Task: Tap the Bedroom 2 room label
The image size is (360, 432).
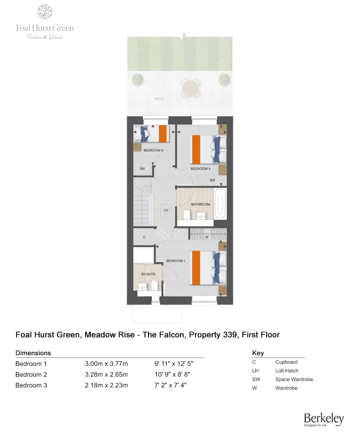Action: click(x=200, y=168)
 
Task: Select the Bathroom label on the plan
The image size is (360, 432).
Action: click(x=201, y=204)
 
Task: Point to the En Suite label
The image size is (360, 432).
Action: click(x=148, y=274)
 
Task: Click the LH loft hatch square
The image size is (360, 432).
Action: click(x=166, y=210)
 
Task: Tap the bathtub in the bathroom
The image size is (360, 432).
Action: click(x=220, y=203)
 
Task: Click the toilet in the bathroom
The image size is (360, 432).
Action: click(x=186, y=215)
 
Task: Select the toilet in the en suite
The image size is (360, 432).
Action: click(x=154, y=286)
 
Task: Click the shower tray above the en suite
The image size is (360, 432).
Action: click(x=144, y=255)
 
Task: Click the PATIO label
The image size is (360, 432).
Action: click(x=159, y=99)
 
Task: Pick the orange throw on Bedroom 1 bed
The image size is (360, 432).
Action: click(x=196, y=267)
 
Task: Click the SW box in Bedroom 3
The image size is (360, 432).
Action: click(x=143, y=168)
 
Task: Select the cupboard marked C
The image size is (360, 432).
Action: click(x=144, y=237)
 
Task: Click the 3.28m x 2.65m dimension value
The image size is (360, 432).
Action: click(x=106, y=374)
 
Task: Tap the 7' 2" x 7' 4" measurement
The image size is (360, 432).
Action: click(x=170, y=385)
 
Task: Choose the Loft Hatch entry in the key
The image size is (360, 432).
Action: click(x=287, y=371)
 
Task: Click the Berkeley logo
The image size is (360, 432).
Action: click(x=324, y=419)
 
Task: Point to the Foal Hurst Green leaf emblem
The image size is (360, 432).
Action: click(x=45, y=12)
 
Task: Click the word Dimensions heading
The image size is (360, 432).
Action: click(x=33, y=353)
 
